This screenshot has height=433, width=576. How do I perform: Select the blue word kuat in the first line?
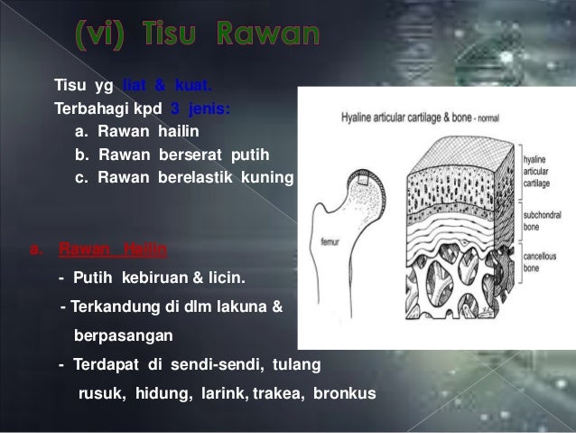[194, 87]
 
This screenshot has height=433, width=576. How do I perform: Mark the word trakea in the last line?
[279, 394]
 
